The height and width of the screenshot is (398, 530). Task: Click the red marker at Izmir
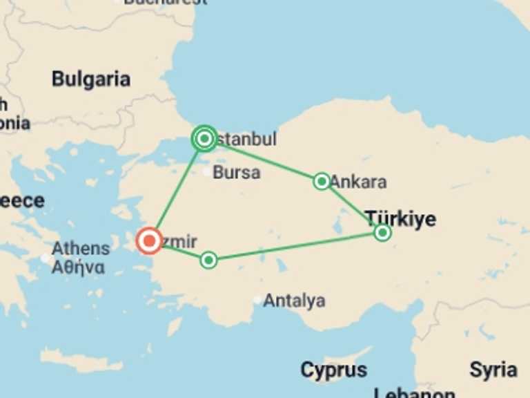pyautogui.click(x=149, y=241)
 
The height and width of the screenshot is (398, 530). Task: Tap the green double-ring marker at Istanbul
pyautogui.click(x=204, y=139)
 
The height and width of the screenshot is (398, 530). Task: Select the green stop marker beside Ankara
pyautogui.click(x=322, y=181)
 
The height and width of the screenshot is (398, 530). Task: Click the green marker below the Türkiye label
pyautogui.click(x=382, y=233)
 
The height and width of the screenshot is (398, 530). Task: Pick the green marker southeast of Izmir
pyautogui.click(x=208, y=260)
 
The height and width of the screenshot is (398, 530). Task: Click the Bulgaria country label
pyautogui.click(x=91, y=79)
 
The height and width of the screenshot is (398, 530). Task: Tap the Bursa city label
pyautogui.click(x=237, y=172)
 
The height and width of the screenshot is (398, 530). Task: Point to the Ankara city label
pyautogui.click(x=358, y=182)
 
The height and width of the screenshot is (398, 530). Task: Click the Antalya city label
pyautogui.click(x=294, y=301)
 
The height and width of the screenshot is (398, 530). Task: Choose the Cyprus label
pyautogui.click(x=333, y=370)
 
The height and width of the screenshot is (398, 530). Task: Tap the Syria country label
pyautogui.click(x=493, y=370)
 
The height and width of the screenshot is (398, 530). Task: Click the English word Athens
pyautogui.click(x=81, y=249)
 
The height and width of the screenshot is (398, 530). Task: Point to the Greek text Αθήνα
pyautogui.click(x=78, y=267)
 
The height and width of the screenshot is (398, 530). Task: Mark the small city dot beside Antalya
pyautogui.click(x=257, y=300)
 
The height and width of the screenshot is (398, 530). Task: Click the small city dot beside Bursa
pyautogui.click(x=207, y=172)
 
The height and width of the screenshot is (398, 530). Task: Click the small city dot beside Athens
pyautogui.click(x=46, y=258)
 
